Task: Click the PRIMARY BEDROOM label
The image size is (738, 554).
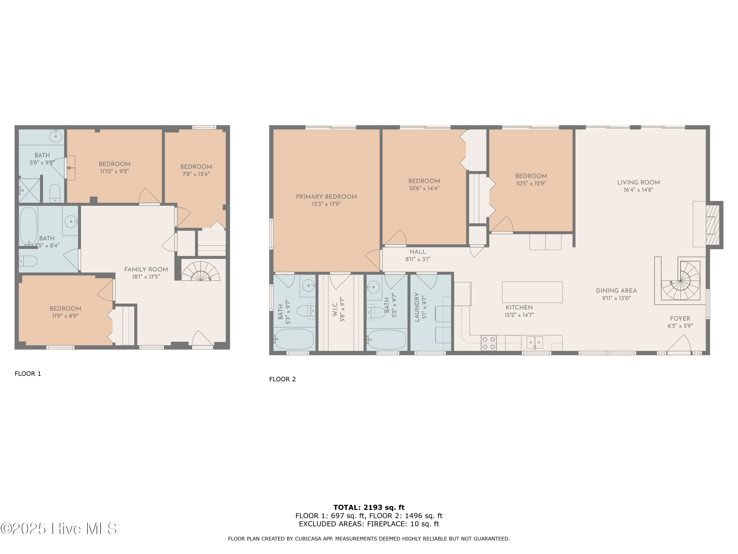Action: (326, 197)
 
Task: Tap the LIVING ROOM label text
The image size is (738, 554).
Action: (638, 182)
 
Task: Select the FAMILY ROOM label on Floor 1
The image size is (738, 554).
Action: (146, 269)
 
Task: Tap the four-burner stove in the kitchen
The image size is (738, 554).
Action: (489, 343)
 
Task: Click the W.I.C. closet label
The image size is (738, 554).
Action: (335, 309)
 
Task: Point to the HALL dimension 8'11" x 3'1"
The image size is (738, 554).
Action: (418, 259)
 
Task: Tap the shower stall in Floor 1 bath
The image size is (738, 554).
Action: (29, 190)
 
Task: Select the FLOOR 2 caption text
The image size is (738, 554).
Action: (282, 379)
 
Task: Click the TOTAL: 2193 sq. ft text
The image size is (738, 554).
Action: (369, 507)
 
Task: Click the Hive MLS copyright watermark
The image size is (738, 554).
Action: (58, 529)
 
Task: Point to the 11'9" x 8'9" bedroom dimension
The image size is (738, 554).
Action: (65, 316)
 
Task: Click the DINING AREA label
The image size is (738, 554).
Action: (616, 291)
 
